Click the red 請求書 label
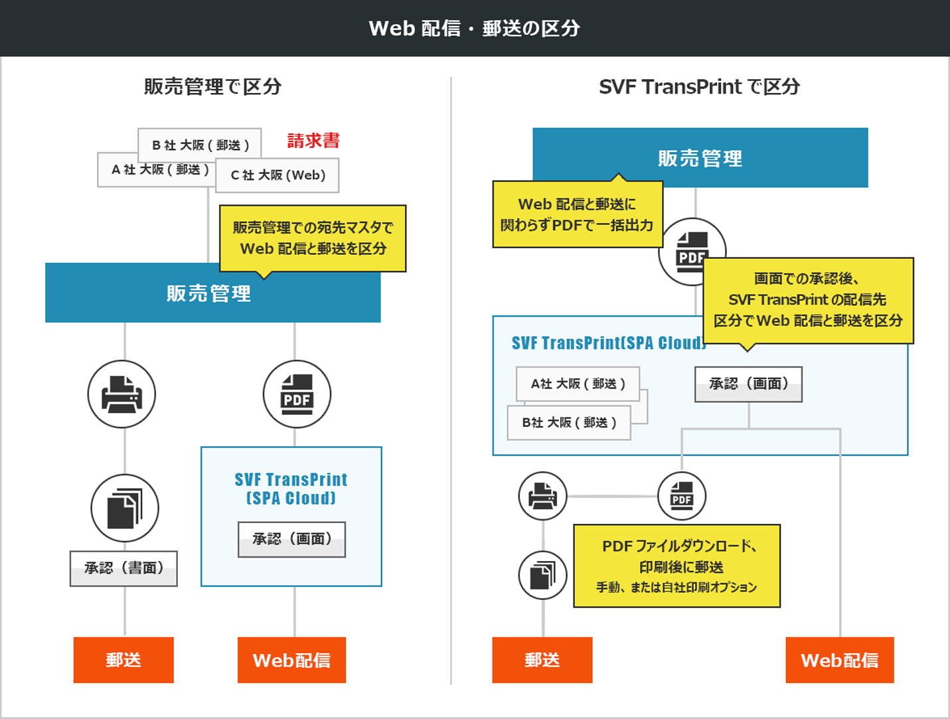313,141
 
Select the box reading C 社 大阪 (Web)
277,175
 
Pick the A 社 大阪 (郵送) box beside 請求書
156,170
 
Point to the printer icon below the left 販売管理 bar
121,394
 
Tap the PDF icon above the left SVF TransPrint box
297,394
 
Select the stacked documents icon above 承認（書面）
125,508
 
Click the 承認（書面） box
123,568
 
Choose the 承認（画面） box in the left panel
291,540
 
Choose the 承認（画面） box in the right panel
748,384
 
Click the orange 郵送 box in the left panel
123,660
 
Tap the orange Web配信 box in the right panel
840,660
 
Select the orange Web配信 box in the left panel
291,660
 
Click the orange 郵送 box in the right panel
542,660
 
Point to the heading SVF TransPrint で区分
700,86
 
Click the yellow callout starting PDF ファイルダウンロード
677,566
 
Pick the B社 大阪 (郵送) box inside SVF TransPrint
569,423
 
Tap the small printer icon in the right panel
543,496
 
